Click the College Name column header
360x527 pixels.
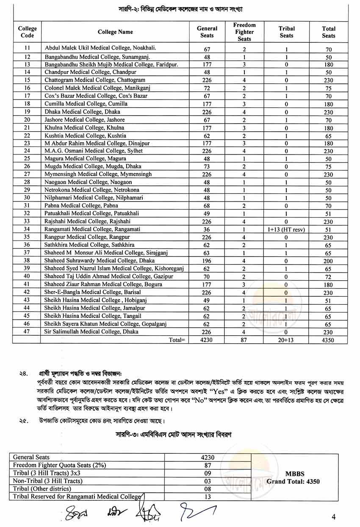pyautogui.click(x=115, y=32)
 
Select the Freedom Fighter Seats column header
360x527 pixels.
pyautogui.click(x=244, y=32)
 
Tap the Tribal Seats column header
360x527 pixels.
pyautogui.click(x=286, y=32)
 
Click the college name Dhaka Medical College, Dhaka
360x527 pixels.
pyautogui.click(x=83, y=112)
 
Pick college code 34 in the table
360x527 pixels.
pyautogui.click(x=27, y=229)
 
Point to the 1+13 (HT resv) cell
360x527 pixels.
pyautogui.click(x=286, y=229)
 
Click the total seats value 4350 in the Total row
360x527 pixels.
pyautogui.click(x=328, y=340)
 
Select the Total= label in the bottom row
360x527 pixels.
pyautogui.click(x=177, y=340)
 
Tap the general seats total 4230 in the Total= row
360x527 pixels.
pyautogui.click(x=207, y=340)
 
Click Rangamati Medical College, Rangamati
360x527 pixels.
pyautogui.click(x=92, y=229)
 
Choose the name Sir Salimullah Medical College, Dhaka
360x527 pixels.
pyautogui.click(x=91, y=332)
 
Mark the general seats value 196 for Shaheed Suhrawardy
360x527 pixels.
pyautogui.click(x=207, y=261)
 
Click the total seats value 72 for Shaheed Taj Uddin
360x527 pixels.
pyautogui.click(x=328, y=277)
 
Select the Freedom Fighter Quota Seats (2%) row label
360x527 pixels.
pyautogui.click(x=59, y=465)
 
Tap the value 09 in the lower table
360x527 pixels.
pyautogui.click(x=208, y=473)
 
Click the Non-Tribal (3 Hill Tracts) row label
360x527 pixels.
pyautogui.click(x=47, y=481)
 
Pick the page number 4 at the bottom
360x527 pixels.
pyautogui.click(x=334, y=516)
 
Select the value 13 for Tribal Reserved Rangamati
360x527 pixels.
pyautogui.click(x=208, y=497)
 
